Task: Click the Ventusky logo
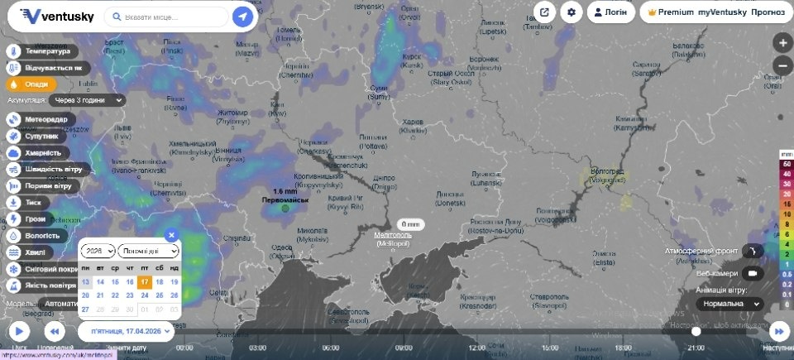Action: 57,16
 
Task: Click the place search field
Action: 174,17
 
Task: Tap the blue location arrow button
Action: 242,17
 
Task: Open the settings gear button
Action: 571,12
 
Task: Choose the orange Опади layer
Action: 33,84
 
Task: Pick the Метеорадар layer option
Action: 45,119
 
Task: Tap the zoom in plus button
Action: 782,42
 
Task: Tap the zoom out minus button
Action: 782,66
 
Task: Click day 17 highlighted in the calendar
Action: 145,281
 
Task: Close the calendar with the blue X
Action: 171,234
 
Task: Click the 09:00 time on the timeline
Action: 404,348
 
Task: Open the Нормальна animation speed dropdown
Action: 729,304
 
